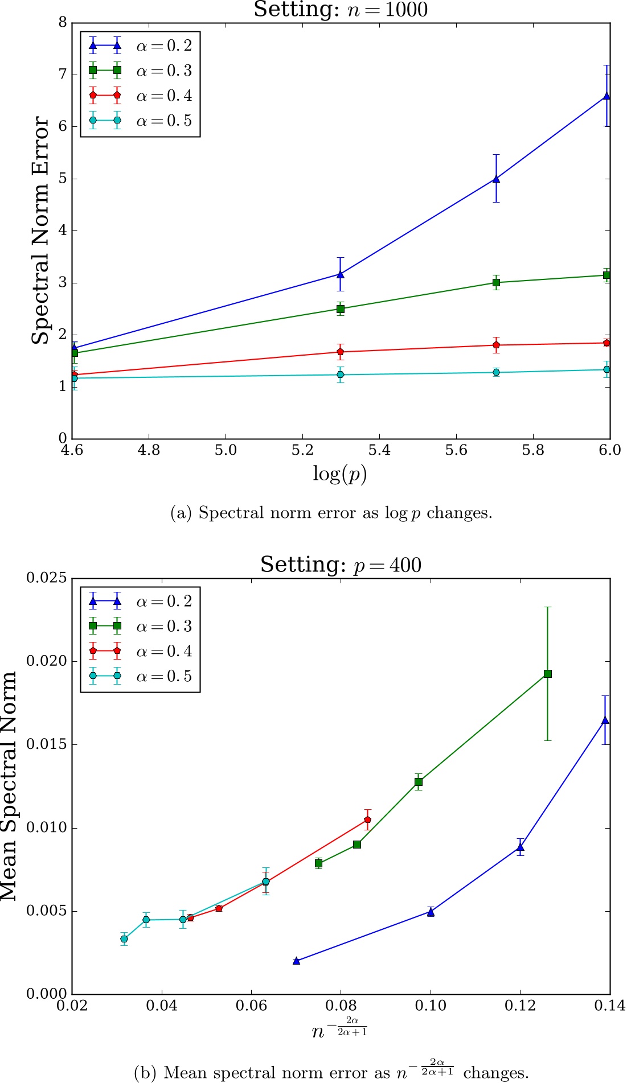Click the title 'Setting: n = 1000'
[341, 10]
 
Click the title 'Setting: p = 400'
[341, 565]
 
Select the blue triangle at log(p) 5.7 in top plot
[496, 179]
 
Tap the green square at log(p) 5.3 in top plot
[341, 309]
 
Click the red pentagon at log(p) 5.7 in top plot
[496, 345]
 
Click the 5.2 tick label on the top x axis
[302, 450]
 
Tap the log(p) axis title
[339, 473]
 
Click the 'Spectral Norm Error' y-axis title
[40, 230]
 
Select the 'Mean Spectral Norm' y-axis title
[9, 786]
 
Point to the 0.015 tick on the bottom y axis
[47, 745]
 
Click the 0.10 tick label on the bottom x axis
[431, 1006]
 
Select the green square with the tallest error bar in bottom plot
[548, 674]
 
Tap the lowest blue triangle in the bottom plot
[296, 961]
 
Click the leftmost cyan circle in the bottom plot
[124, 939]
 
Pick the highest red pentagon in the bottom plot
[368, 820]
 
